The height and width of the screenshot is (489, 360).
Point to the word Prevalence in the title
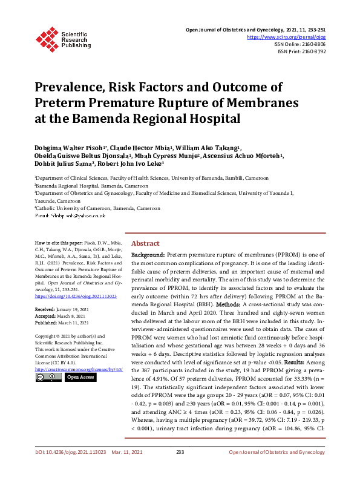77,87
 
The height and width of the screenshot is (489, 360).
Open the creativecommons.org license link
79,369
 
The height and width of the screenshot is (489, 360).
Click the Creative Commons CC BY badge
48,377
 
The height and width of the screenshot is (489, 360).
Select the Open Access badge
80,377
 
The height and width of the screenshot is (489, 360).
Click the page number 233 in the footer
180,469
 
